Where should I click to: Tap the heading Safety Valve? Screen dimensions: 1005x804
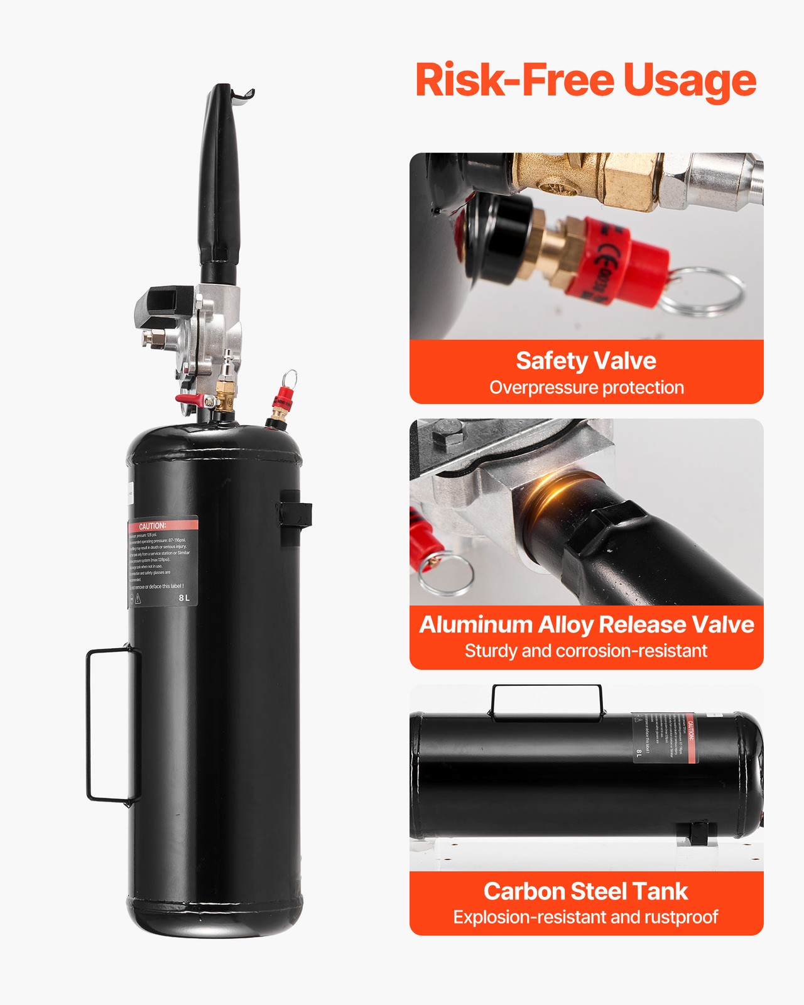point(586,361)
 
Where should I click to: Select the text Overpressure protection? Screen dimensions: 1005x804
point(586,388)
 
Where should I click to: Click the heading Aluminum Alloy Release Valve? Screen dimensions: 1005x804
point(586,624)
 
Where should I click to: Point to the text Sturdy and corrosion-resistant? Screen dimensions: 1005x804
point(586,651)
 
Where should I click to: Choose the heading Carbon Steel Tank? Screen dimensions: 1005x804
point(586,891)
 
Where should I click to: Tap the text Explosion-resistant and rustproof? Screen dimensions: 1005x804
point(586,917)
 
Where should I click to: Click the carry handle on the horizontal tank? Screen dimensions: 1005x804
point(546,700)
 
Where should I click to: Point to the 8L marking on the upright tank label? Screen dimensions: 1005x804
point(183,597)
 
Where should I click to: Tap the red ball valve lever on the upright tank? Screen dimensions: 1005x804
point(188,399)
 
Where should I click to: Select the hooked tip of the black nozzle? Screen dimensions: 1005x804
point(242,94)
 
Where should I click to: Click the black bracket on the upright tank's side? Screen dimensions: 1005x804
point(295,514)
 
